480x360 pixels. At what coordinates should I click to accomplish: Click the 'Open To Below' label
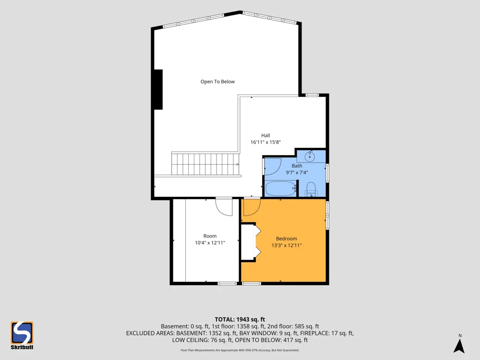217,82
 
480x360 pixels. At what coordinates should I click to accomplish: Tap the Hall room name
265,135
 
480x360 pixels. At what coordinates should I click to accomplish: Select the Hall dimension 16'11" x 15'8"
265,142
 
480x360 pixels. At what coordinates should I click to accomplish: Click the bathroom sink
310,157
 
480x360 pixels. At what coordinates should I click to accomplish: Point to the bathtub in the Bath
280,189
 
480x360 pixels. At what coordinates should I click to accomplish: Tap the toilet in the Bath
311,189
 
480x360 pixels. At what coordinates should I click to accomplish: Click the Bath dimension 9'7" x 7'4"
297,172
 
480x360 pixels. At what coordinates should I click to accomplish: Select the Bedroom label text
286,239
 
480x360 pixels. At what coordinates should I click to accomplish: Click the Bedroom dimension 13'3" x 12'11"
286,245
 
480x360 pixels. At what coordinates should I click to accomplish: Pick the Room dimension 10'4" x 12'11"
210,242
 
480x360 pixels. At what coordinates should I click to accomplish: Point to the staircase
205,164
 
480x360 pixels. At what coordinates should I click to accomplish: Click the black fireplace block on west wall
158,89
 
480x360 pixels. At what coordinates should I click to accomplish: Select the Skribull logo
22,335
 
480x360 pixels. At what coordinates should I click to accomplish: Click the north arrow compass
459,344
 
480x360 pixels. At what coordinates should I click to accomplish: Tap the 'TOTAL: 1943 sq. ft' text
240,320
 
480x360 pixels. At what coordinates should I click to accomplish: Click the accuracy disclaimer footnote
240,350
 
